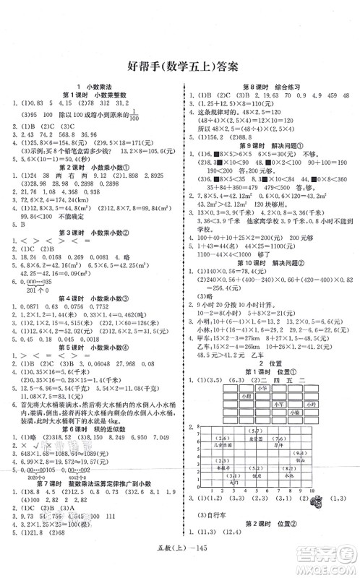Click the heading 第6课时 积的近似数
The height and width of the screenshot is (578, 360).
click(x=94, y=417)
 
